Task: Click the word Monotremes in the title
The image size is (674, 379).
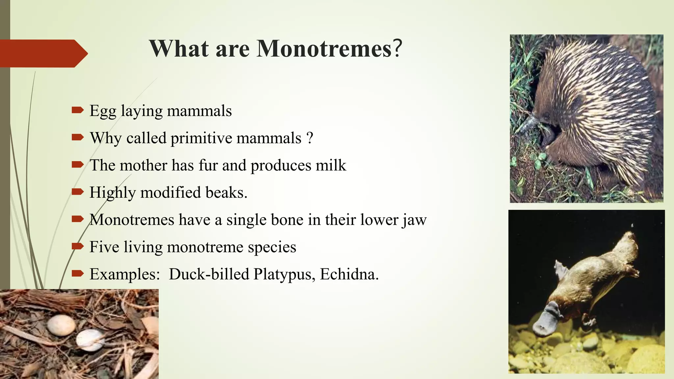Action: tap(324, 49)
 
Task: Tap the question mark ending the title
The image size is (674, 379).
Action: tap(398, 49)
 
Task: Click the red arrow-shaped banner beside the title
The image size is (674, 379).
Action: tap(43, 53)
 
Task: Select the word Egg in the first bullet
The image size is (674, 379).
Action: tap(103, 111)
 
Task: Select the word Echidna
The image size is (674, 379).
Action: tap(349, 274)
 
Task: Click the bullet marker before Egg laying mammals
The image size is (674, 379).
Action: tap(78, 110)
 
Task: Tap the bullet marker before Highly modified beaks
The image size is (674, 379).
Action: tap(78, 191)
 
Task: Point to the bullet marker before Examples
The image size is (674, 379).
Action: tap(78, 273)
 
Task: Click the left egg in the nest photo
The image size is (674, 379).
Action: tap(61, 325)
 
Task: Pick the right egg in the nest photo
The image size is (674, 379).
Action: tap(90, 340)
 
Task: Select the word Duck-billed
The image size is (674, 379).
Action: tap(209, 274)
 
